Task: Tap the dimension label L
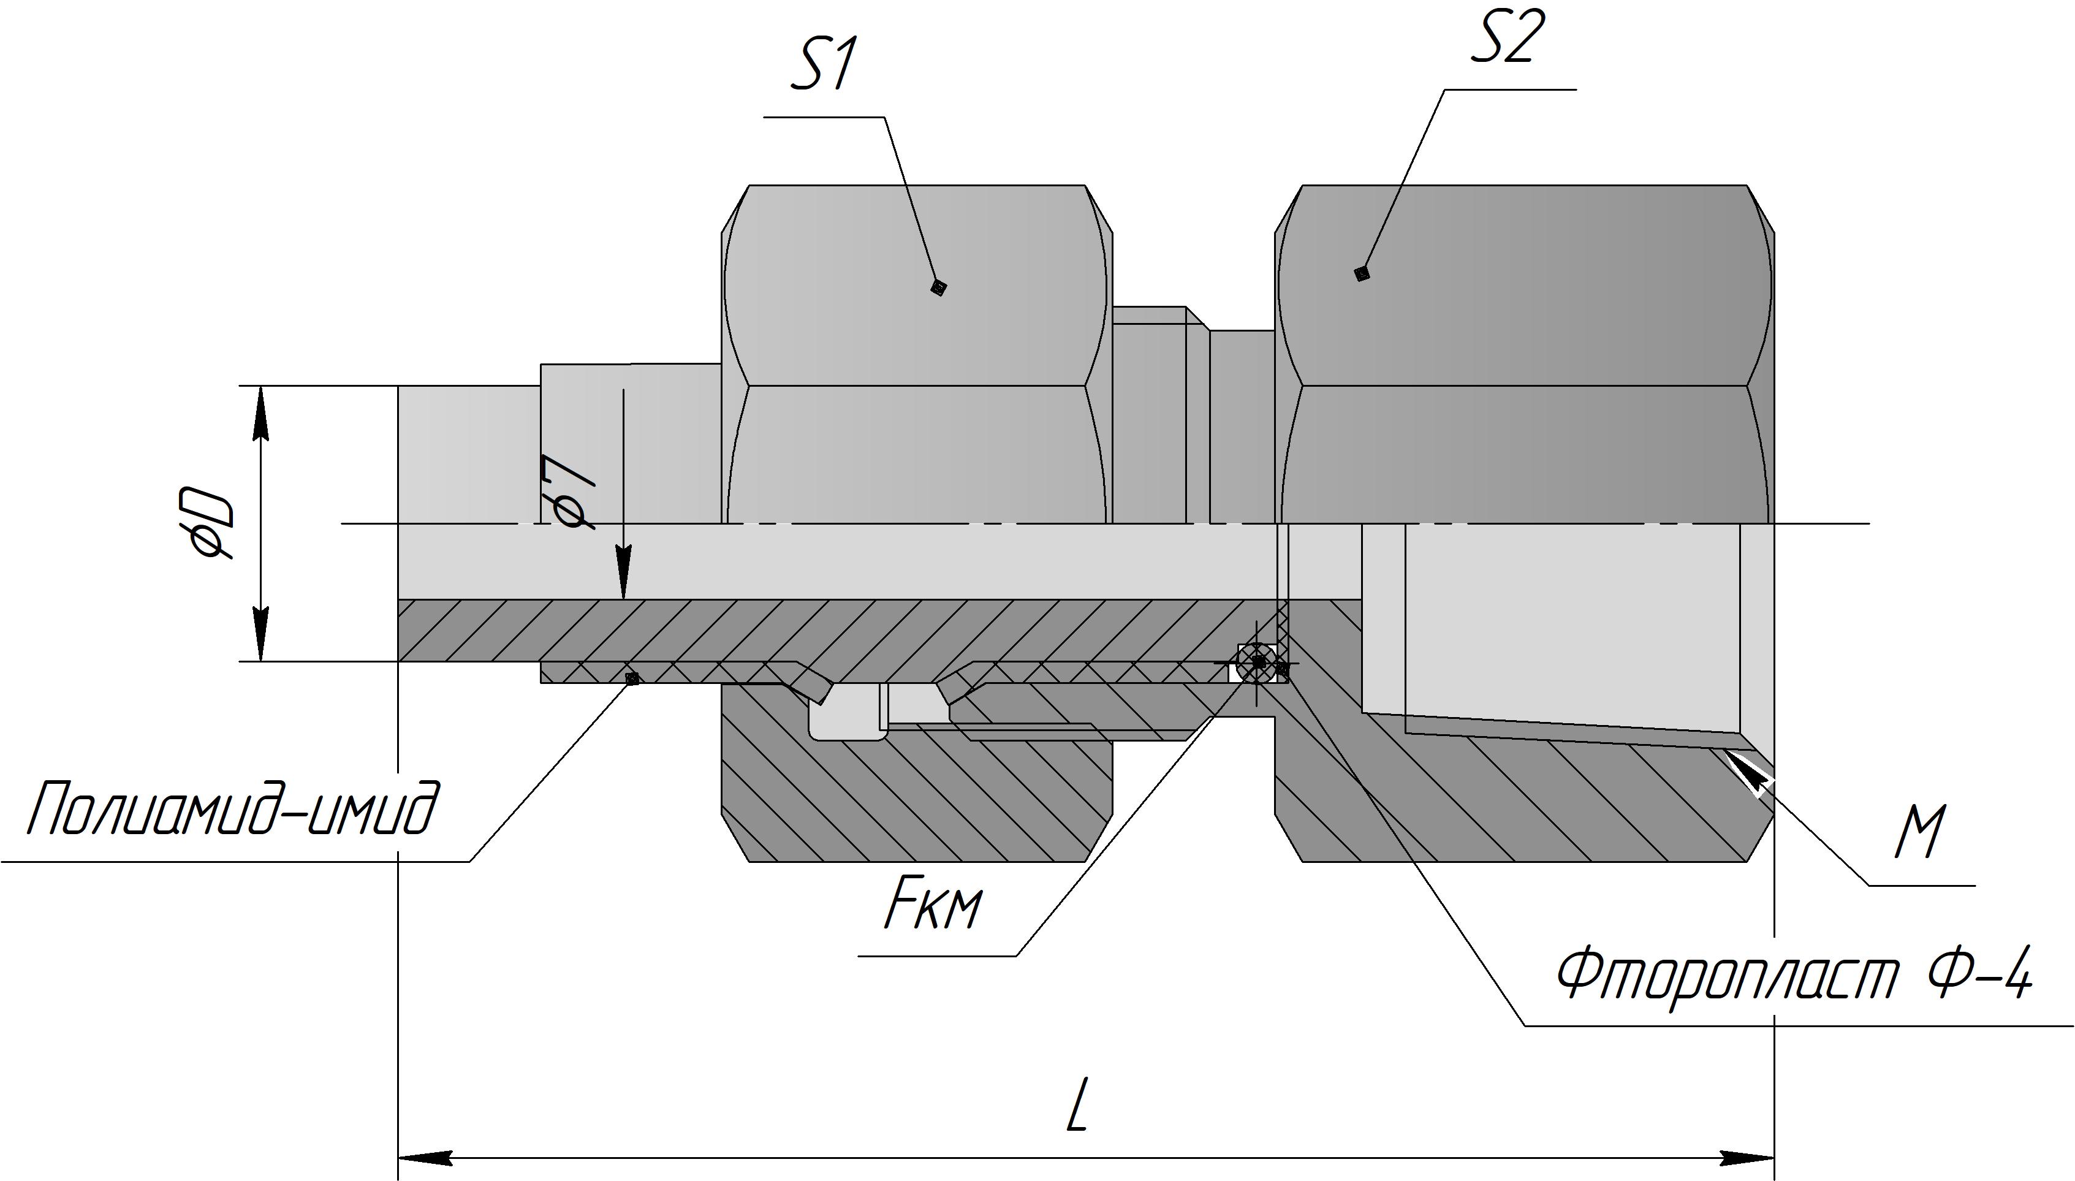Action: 1076,1106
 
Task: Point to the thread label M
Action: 1919,832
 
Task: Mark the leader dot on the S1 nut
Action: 938,287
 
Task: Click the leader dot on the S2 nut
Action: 1362,273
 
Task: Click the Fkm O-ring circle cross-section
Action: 1256,661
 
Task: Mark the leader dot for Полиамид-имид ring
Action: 632,677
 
